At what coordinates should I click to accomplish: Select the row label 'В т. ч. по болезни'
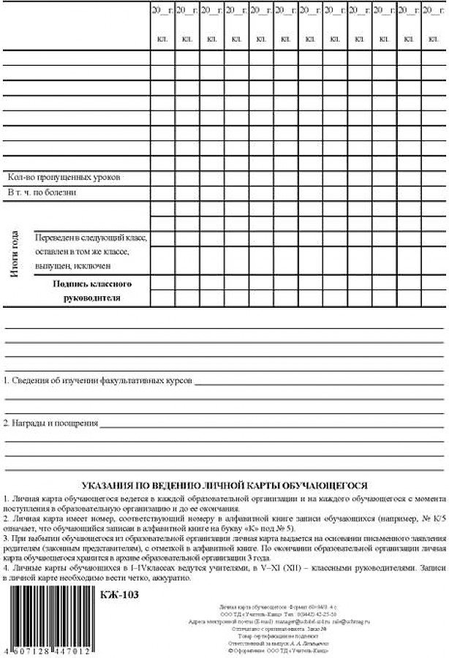tap(42, 193)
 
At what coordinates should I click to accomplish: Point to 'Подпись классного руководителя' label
tap(91, 290)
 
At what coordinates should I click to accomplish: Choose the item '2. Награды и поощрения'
tap(51, 423)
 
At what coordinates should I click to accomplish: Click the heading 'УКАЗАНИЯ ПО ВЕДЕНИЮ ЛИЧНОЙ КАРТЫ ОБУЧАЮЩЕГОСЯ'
tap(224, 485)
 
